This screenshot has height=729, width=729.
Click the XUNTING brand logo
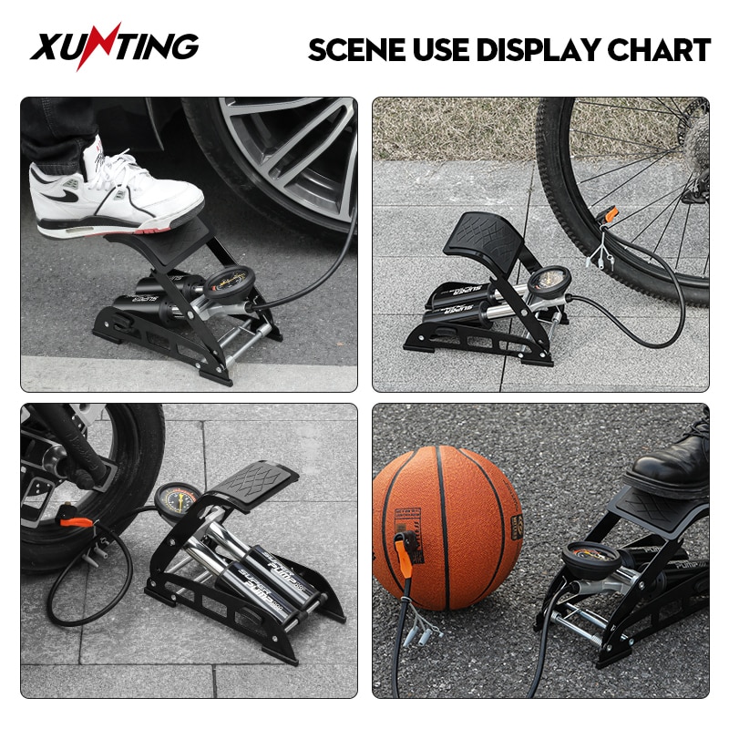[x=114, y=47]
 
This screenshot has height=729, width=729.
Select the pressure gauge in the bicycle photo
[x=550, y=281]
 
